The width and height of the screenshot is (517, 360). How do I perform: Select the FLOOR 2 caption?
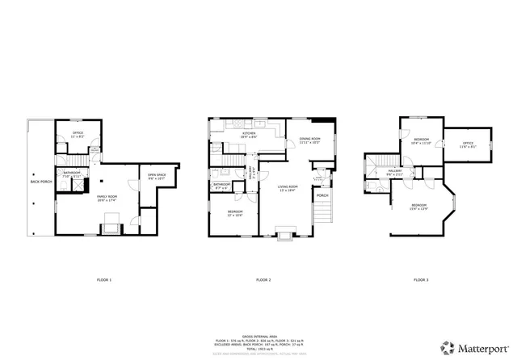coord(263,280)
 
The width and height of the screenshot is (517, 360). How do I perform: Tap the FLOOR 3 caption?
coord(422,280)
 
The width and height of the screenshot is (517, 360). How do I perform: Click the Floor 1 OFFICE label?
coord(78,132)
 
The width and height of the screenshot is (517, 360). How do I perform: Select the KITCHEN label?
coord(227,134)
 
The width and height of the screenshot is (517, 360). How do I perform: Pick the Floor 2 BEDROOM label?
coord(233,211)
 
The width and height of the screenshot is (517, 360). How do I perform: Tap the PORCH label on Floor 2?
coord(322,195)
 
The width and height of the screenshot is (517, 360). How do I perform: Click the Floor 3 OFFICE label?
coord(468,143)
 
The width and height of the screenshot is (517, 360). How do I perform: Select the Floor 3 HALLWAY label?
coord(394,171)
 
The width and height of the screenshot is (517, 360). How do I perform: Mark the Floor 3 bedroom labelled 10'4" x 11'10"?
coord(421,140)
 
